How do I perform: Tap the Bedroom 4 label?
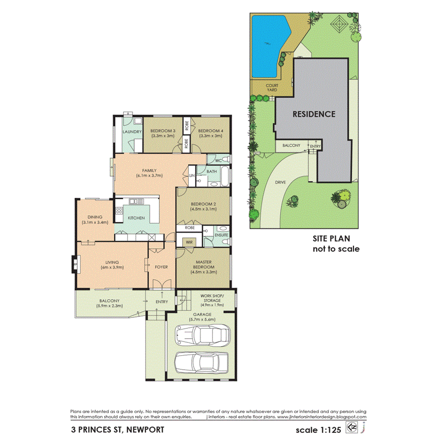[x=209, y=130]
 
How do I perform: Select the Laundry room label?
[x=131, y=132]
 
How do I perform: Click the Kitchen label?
[x=136, y=218]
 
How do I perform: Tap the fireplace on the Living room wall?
[x=74, y=263]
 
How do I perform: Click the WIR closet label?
[x=189, y=242]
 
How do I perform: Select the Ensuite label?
[x=221, y=234]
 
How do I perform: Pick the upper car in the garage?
[x=202, y=335]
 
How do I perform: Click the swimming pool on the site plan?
[x=267, y=45]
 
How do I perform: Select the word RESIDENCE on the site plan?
[x=314, y=114]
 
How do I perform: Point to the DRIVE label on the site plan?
[x=281, y=182]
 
